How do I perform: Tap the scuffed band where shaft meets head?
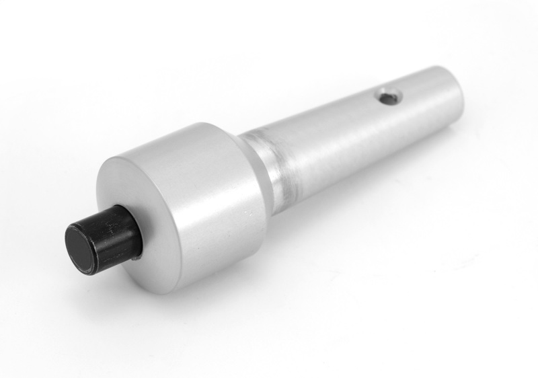tap(276, 168)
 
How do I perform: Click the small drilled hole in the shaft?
tap(387, 97)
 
